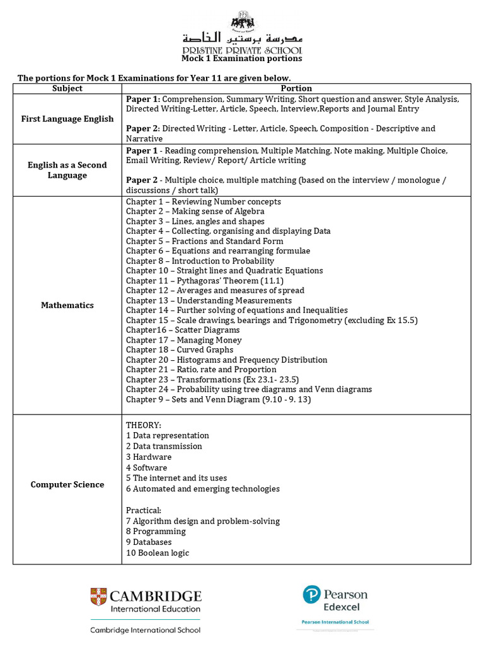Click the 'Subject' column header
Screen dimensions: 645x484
(x=67, y=89)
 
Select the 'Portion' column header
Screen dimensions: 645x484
(x=296, y=89)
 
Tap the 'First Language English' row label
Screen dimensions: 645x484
(x=67, y=118)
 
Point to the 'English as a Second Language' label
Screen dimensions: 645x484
(x=67, y=170)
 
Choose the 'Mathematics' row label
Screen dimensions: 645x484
(x=67, y=305)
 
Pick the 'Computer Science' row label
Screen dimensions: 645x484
(x=67, y=484)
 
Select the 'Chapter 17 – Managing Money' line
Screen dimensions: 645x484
(x=183, y=340)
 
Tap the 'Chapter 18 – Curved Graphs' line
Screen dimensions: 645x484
(x=180, y=350)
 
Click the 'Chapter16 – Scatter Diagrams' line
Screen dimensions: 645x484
(x=183, y=330)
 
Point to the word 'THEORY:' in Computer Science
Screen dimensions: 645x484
(x=144, y=425)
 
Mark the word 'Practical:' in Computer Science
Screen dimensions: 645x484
(x=144, y=510)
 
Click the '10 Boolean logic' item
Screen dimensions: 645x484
(x=158, y=553)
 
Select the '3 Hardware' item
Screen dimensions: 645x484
(x=149, y=457)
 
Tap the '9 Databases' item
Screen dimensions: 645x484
(x=149, y=542)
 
